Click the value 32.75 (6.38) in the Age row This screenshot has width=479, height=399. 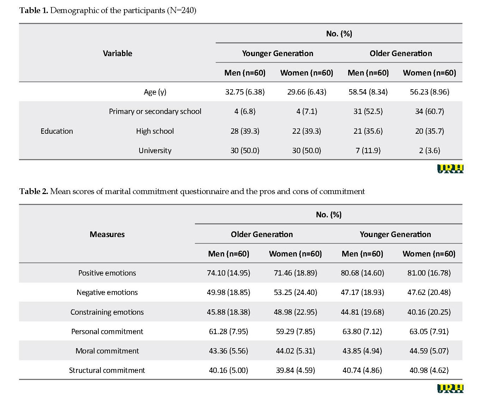click(x=245, y=92)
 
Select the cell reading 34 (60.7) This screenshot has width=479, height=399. click(x=429, y=111)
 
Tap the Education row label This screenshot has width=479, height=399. click(x=57, y=131)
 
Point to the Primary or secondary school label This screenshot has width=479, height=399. click(x=155, y=111)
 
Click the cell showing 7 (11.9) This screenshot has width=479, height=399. click(x=368, y=150)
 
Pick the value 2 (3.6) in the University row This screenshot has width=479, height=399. click(x=429, y=150)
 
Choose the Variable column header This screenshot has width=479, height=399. click(x=117, y=53)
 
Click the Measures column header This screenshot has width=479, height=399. click(x=107, y=234)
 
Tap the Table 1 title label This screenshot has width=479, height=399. click(x=33, y=10)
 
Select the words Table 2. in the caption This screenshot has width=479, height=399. click(x=33, y=191)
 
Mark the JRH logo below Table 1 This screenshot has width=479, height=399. click(x=450, y=169)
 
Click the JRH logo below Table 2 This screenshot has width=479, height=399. click(x=450, y=388)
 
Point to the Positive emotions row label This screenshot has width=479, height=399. click(x=107, y=273)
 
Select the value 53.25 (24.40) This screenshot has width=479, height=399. click(x=295, y=292)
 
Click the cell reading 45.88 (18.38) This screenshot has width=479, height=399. click(x=228, y=312)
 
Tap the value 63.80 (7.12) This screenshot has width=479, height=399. click(x=362, y=331)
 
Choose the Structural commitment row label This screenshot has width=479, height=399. click(x=107, y=370)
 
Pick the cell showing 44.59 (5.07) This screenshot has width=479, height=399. click(x=429, y=351)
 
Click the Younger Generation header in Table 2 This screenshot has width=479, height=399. click(x=395, y=234)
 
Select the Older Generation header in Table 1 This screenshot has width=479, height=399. click(x=401, y=53)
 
